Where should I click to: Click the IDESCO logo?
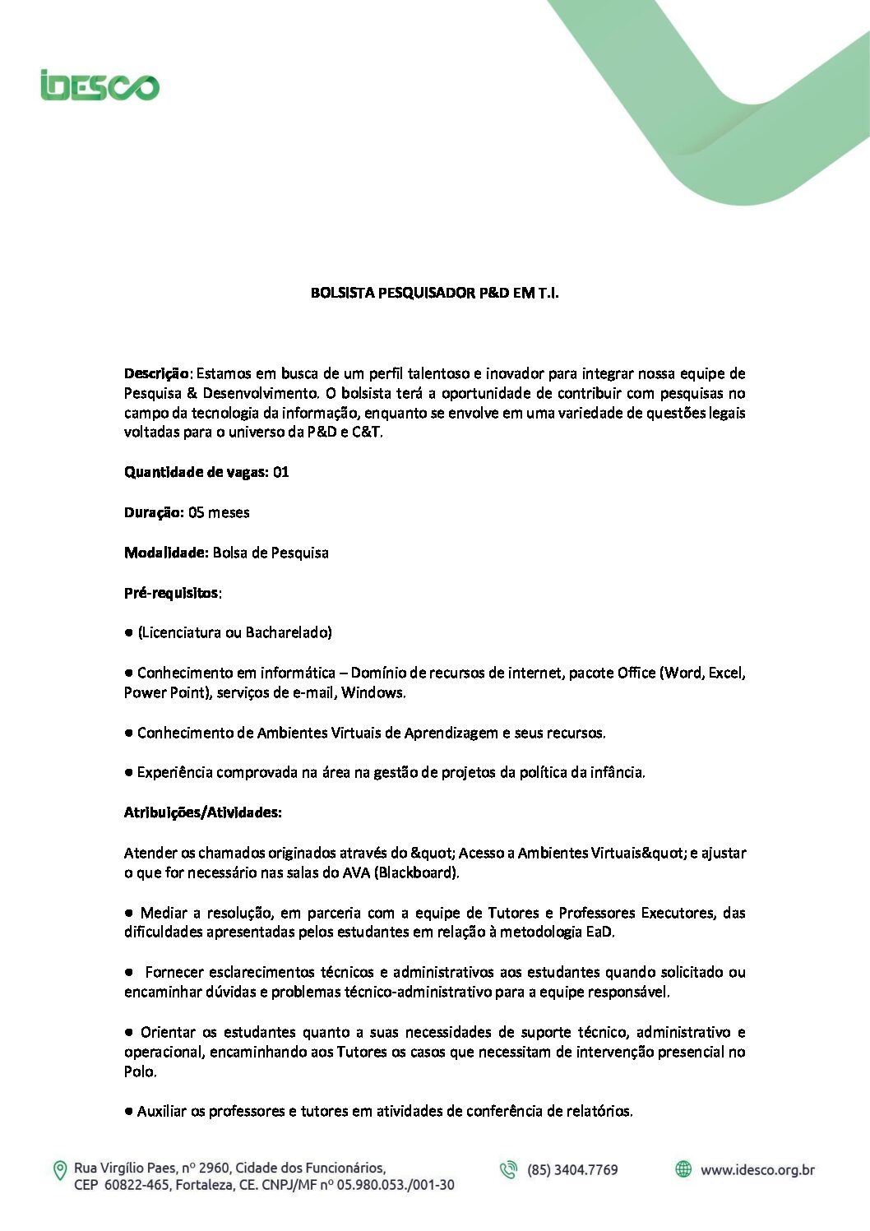[x=99, y=85]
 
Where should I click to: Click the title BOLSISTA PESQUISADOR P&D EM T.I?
[x=434, y=293]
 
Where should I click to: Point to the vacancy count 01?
[x=281, y=472]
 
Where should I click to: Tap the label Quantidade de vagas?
[x=196, y=472]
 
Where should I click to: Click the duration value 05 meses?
[x=219, y=512]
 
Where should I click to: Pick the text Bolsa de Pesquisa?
[x=271, y=553]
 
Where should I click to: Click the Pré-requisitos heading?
[x=172, y=593]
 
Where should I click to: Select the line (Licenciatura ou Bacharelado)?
[x=235, y=632]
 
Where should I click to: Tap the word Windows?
[x=373, y=692]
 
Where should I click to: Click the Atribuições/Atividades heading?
[x=202, y=812]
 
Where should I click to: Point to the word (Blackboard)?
[x=416, y=872]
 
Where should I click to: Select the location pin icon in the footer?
[x=60, y=1170]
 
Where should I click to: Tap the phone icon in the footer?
[x=509, y=1169]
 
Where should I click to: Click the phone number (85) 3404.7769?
[x=572, y=1170]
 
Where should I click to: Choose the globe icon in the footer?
[x=683, y=1169]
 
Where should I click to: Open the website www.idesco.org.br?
[x=757, y=1170]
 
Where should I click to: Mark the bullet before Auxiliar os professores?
[x=129, y=1112]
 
